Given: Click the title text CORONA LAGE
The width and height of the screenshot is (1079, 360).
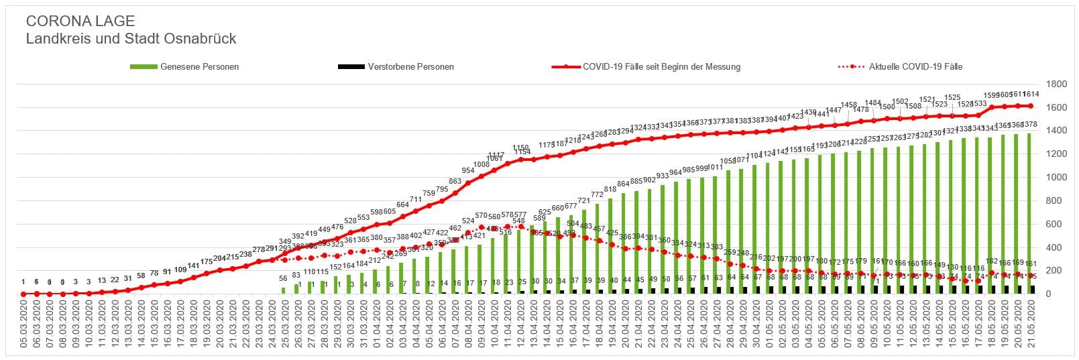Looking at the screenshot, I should tap(80, 21).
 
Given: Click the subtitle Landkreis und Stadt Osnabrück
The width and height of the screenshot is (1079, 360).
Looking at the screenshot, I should tap(131, 39).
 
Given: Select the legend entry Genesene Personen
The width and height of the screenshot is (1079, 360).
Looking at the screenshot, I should tap(199, 67).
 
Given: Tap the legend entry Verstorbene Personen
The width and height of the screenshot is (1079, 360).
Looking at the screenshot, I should tap(410, 67).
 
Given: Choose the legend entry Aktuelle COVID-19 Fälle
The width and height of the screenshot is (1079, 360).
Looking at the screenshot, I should tap(915, 67).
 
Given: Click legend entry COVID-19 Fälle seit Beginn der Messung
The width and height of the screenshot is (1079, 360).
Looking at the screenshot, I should tap(661, 67).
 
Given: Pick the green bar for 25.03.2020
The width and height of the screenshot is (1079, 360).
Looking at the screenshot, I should tap(283, 291).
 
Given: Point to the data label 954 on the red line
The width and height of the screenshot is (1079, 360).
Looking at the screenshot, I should tap(467, 171).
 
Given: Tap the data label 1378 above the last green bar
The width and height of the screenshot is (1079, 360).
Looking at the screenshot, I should tap(1030, 125).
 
